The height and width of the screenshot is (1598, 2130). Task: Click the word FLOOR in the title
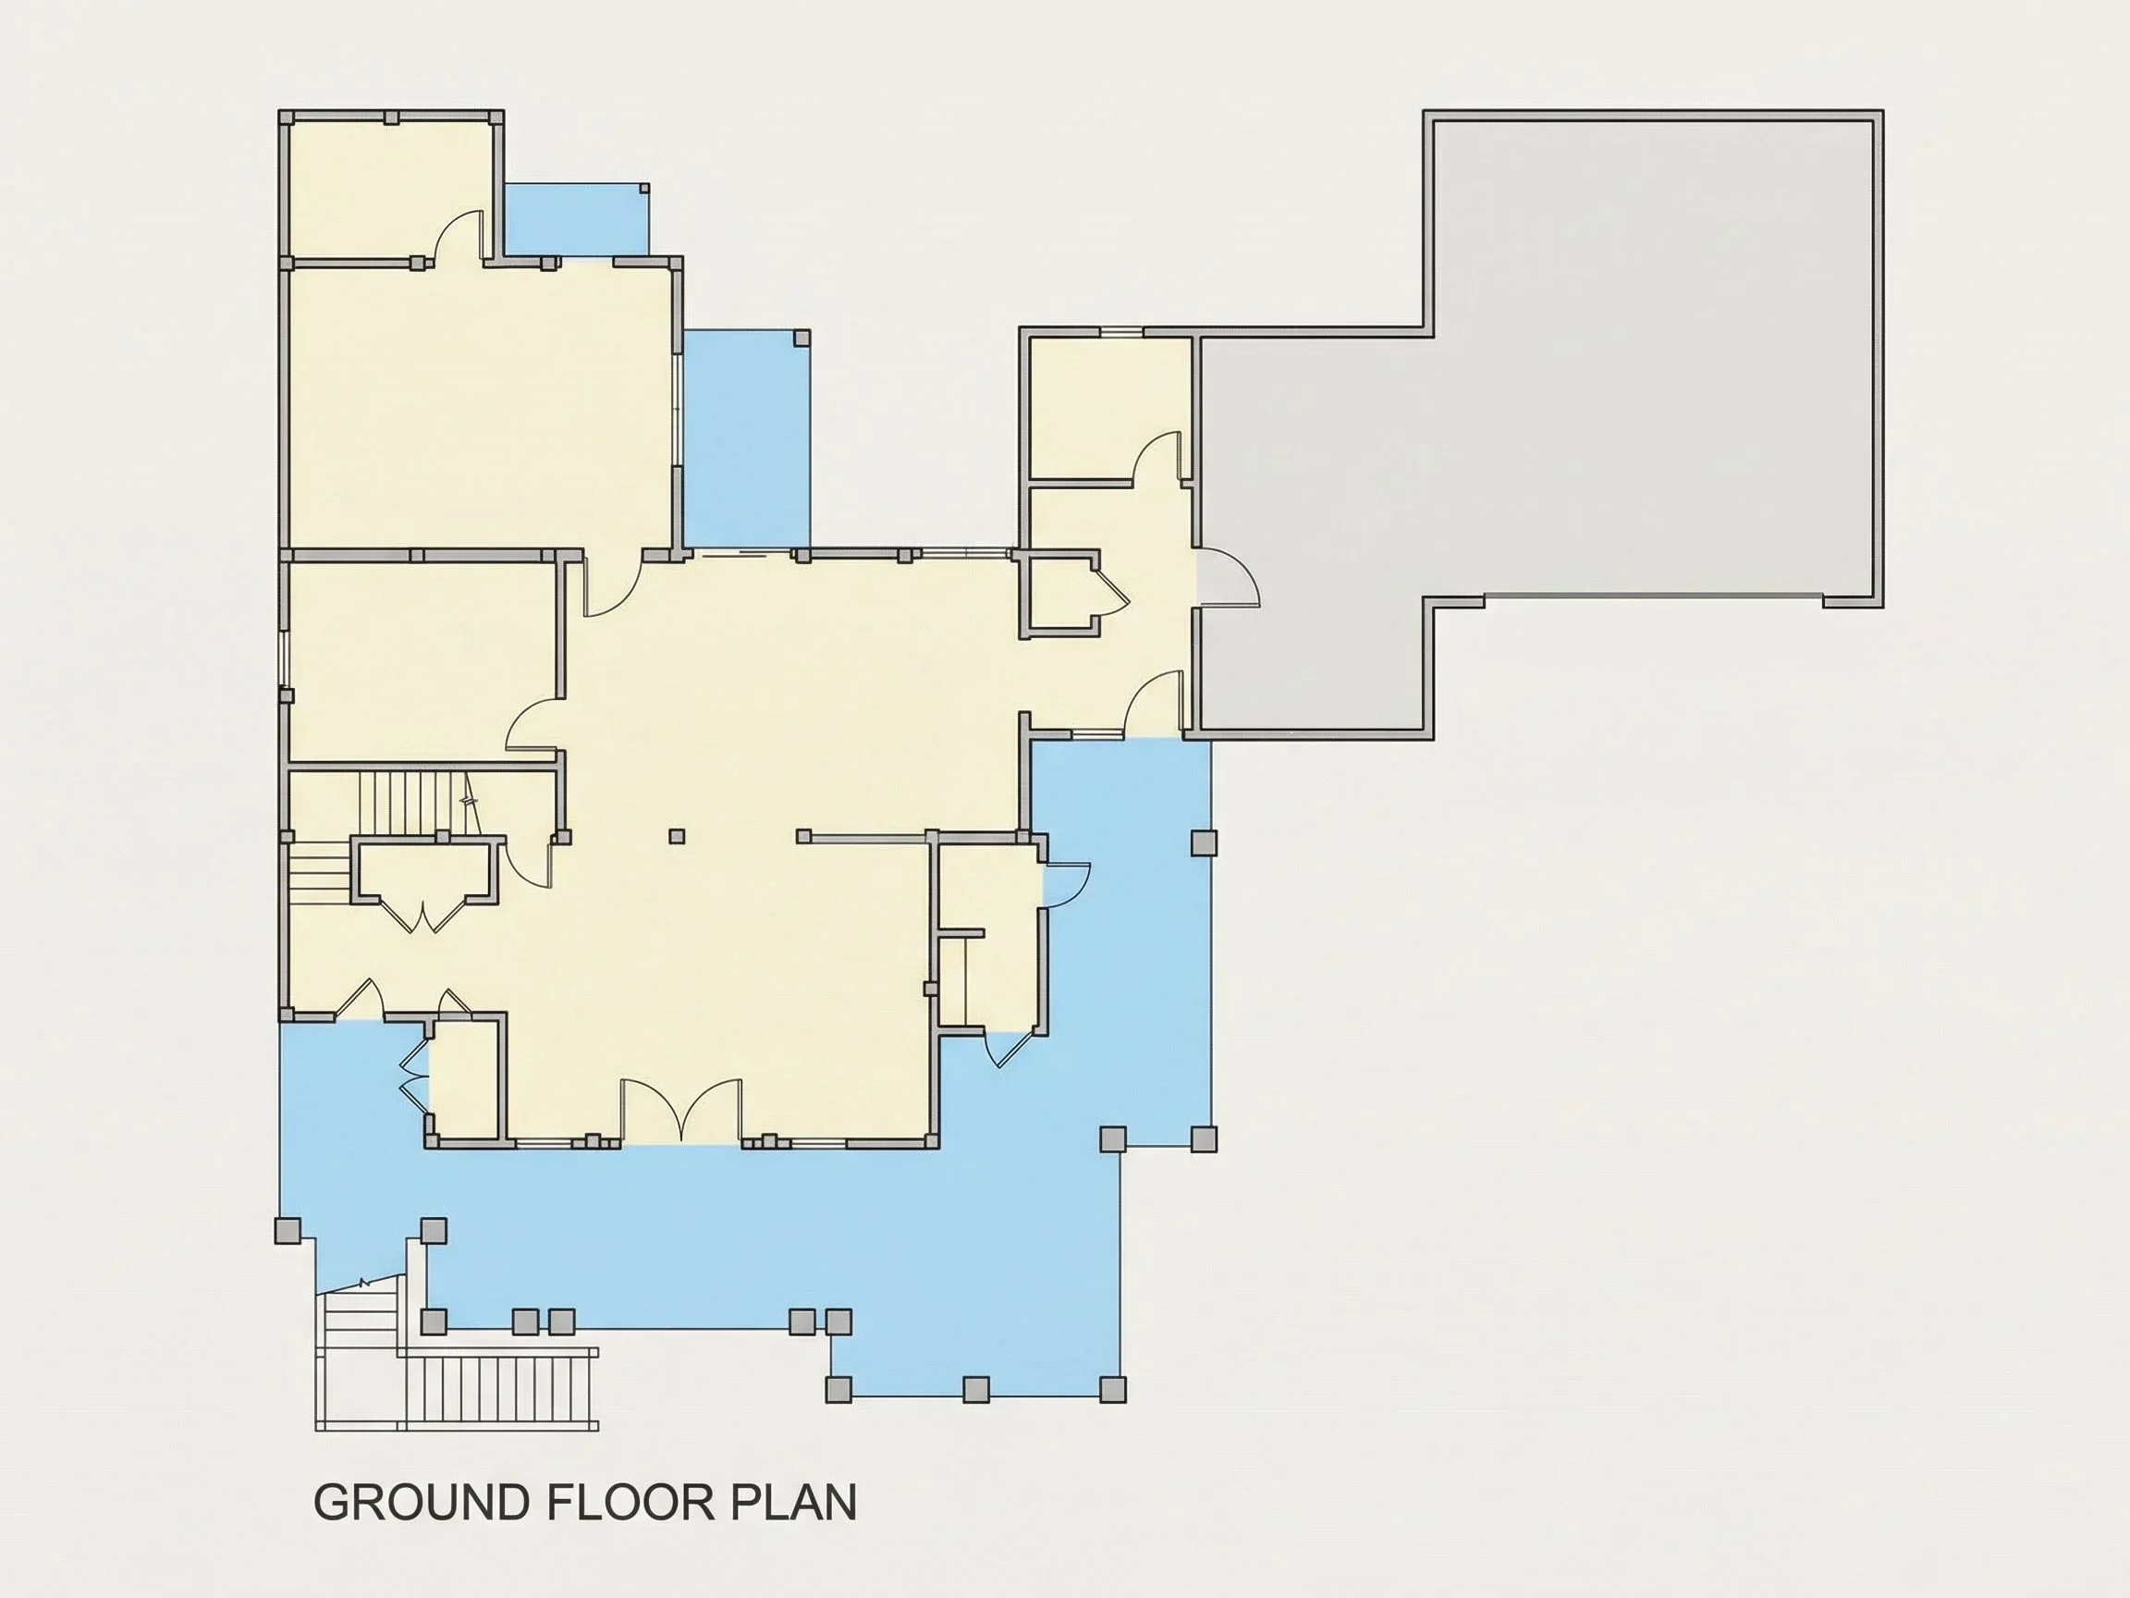tap(630, 1502)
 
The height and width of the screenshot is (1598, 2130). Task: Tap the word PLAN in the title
tap(793, 1502)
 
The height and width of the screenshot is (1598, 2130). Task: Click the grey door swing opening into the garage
tap(1227, 577)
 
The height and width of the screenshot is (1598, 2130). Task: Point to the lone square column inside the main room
tap(677, 836)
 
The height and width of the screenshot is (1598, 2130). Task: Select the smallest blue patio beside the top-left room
tap(576, 219)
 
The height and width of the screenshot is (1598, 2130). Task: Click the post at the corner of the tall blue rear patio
tap(802, 338)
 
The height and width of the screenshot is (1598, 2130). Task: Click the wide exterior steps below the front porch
tap(499, 1389)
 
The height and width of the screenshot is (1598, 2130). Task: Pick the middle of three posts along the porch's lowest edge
tap(975, 1389)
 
